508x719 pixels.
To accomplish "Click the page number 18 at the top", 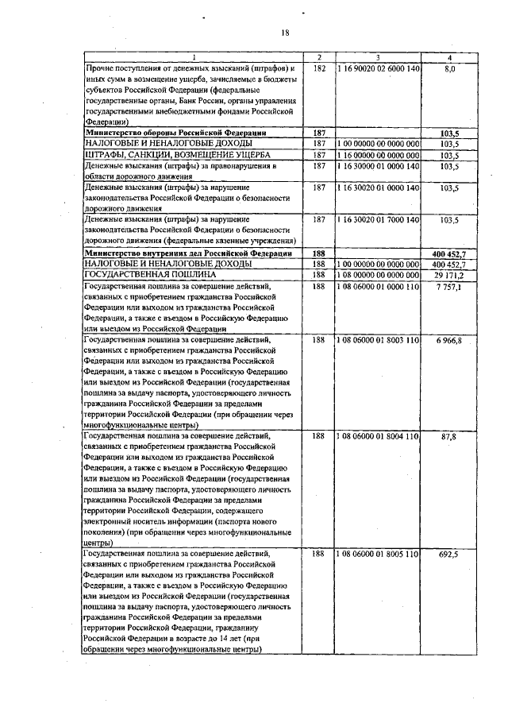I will coord(285,33).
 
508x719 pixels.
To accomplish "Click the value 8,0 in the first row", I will coord(450,70).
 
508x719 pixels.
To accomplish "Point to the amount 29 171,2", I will coord(449,273).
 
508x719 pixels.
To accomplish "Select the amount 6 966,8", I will coord(449,339).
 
